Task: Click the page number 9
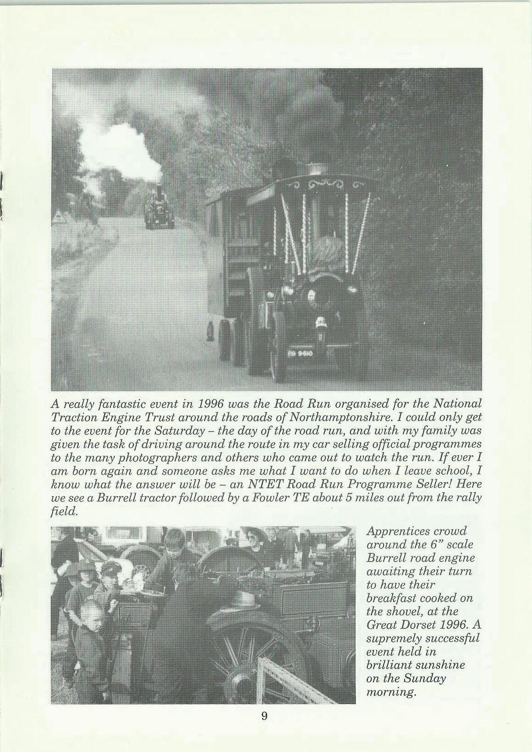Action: [264, 716]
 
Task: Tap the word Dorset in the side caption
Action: [409, 625]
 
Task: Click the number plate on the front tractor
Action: [300, 353]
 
